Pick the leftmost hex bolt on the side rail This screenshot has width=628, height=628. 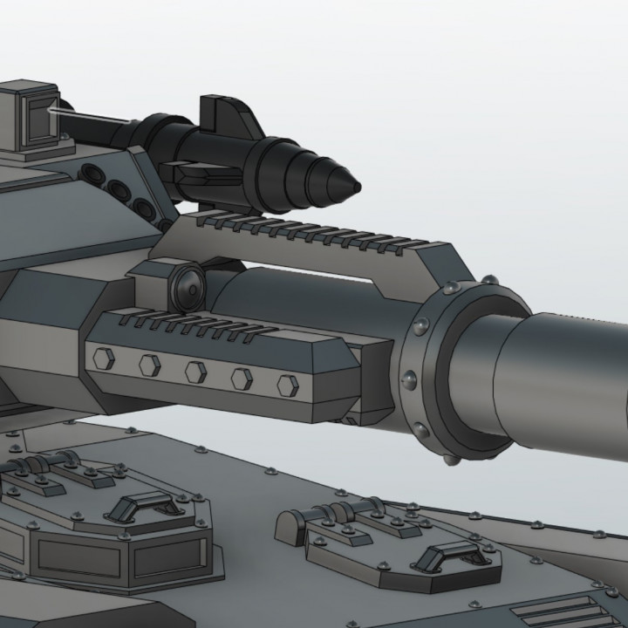(x=104, y=357)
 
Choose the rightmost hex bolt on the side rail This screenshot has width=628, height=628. (x=287, y=385)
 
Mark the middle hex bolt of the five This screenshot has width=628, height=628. (x=195, y=371)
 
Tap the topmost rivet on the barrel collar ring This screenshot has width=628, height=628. (x=489, y=280)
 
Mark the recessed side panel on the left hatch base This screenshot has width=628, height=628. (x=78, y=558)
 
